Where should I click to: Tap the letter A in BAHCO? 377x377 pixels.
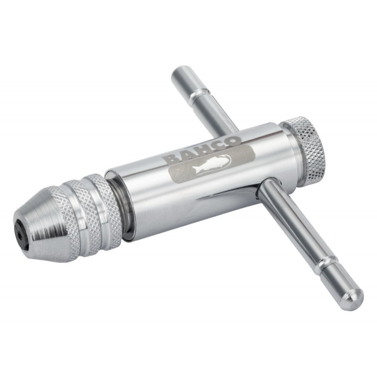[x=188, y=155]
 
